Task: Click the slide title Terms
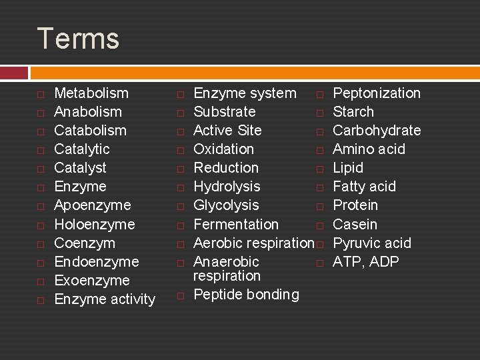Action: point(78,39)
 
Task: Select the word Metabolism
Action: point(91,93)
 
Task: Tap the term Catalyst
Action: point(80,168)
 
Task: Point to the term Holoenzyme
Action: point(94,224)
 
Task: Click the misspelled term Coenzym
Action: point(84,243)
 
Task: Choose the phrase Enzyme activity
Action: point(105,299)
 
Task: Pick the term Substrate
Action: point(224,112)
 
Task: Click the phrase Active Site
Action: point(227,131)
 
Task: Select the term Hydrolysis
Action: point(227,187)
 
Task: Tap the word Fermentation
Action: point(236,224)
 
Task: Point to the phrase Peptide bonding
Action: point(246,295)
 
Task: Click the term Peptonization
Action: point(377,93)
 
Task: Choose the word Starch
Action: point(353,112)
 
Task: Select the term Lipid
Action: point(348,168)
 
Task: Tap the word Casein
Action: point(355,224)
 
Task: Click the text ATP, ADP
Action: point(366,261)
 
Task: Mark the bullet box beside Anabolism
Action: point(41,113)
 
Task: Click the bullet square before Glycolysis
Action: point(180,206)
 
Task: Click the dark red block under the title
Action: point(14,72)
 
